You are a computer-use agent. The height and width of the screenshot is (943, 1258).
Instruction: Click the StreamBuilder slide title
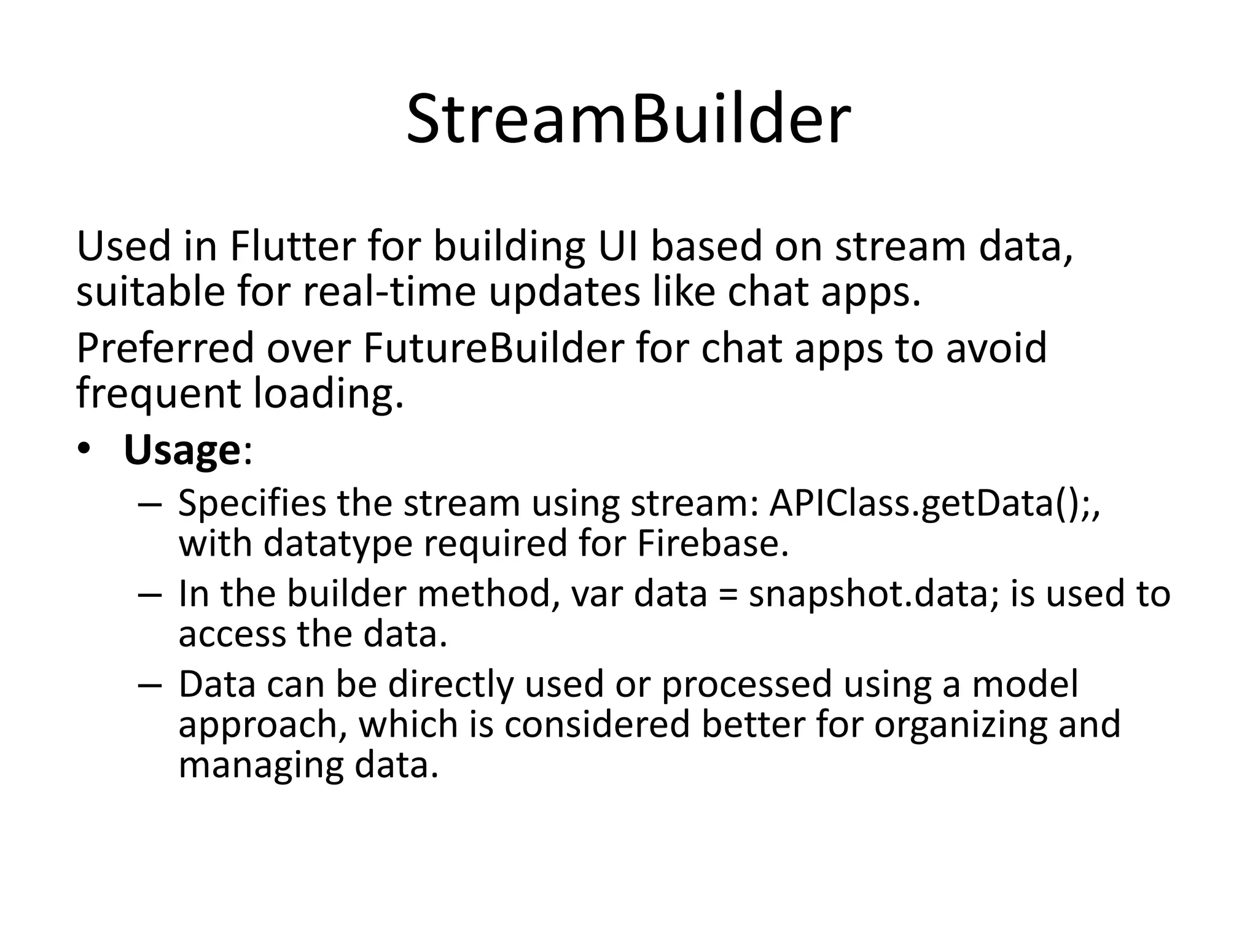pos(628,120)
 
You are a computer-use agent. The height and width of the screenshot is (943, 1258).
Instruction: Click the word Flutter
pos(293,247)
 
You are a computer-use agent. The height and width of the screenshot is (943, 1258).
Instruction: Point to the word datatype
pos(338,544)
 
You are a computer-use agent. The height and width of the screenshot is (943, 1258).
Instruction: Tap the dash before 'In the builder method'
pos(149,596)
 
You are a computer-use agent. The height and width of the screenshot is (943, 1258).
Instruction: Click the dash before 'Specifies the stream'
pos(149,505)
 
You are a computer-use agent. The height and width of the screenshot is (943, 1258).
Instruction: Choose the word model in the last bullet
pos(1025,685)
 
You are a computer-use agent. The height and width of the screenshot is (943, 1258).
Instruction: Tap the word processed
pos(746,685)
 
